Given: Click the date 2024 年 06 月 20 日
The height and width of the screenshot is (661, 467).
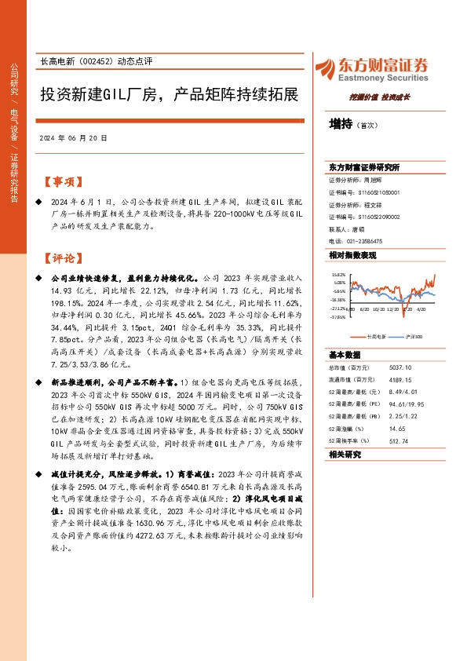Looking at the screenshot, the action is click(73, 138).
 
